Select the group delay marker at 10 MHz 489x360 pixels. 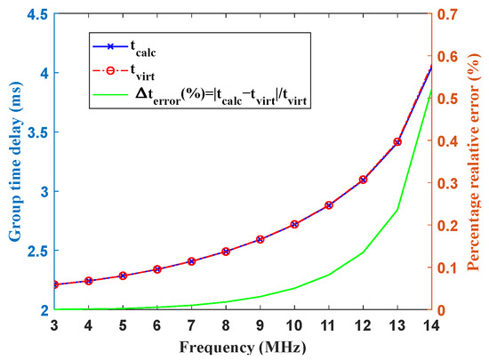coord(294,224)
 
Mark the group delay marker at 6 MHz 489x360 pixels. coord(157,268)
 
